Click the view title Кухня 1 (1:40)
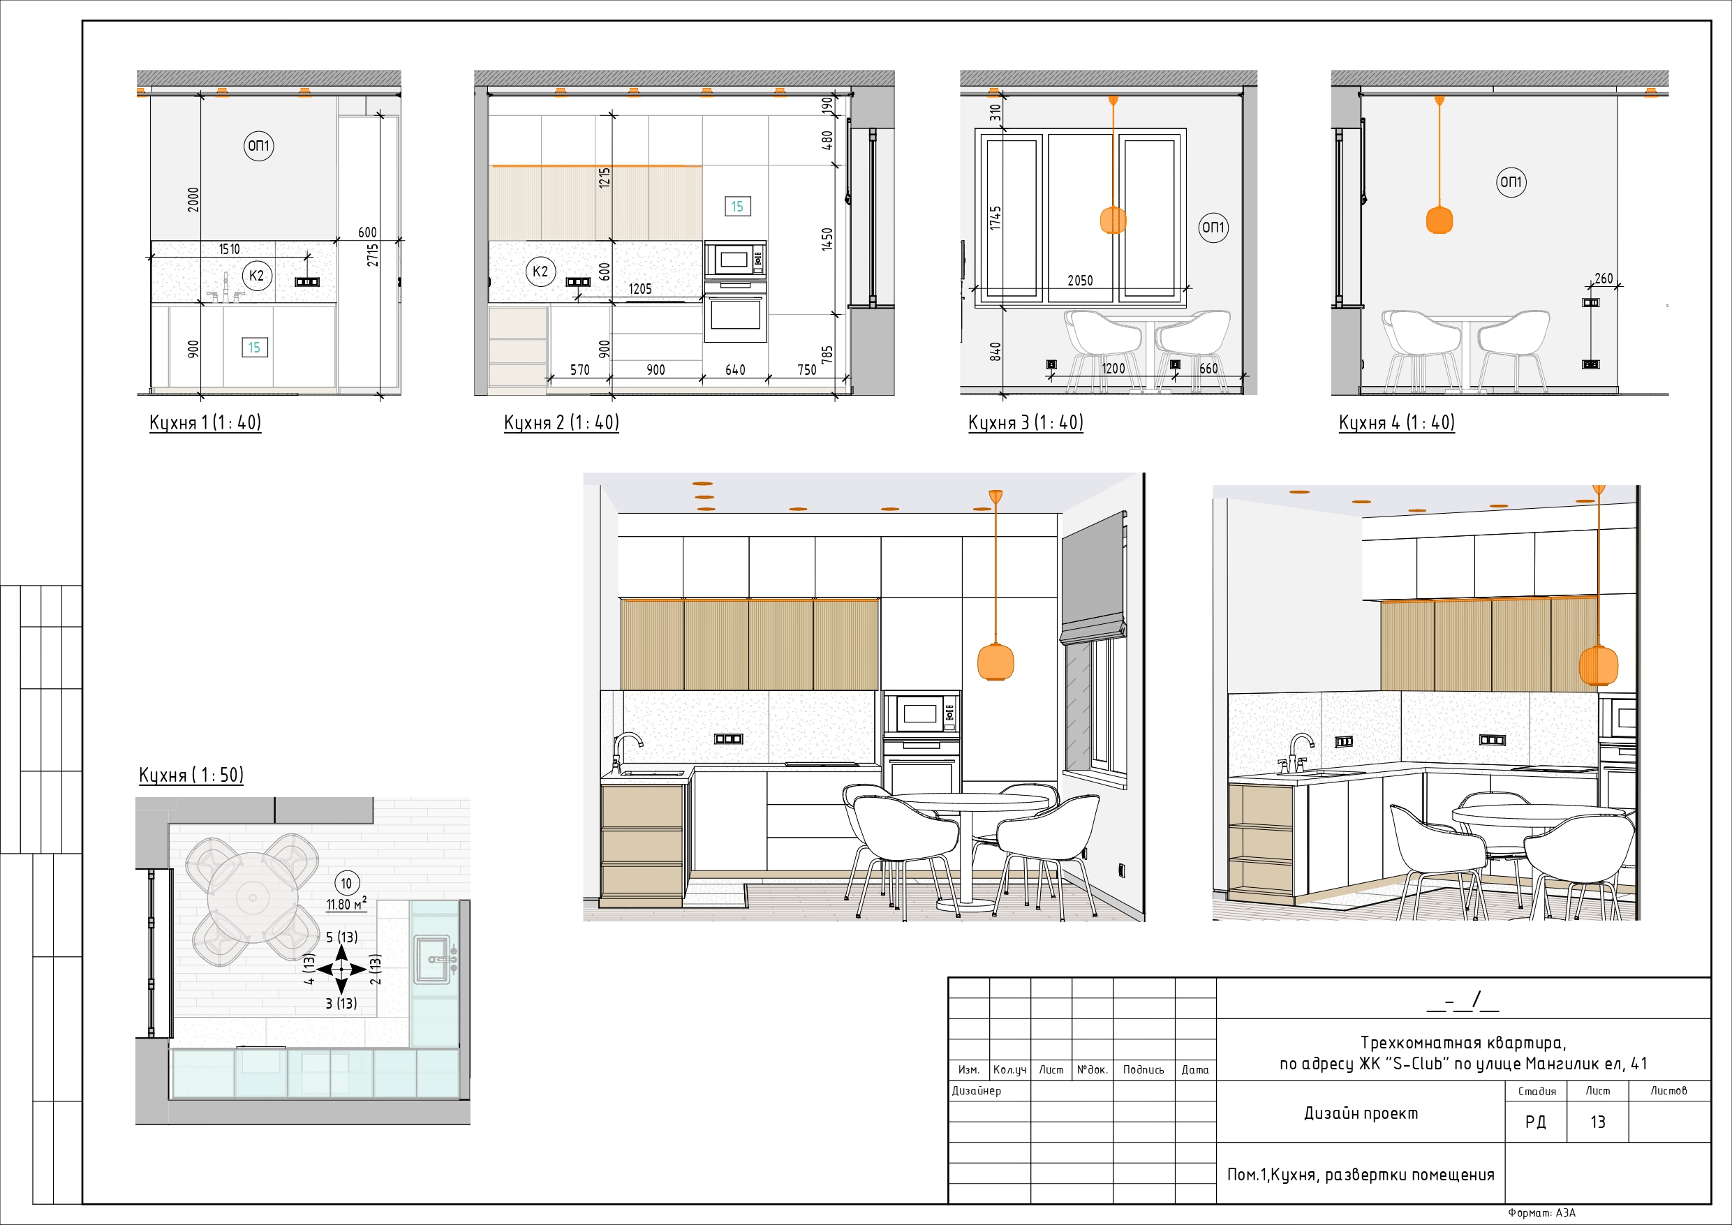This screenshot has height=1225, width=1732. pos(205,422)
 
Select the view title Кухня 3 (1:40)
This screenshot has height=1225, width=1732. pos(1026,422)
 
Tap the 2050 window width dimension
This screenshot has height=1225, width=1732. pos(1079,281)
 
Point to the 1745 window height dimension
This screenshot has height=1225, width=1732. pos(995,218)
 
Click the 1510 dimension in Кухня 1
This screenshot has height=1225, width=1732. pos(229,250)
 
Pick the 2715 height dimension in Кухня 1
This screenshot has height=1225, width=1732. pos(373,254)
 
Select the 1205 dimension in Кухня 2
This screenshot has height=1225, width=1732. pos(639,289)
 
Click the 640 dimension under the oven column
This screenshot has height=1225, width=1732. pos(734,371)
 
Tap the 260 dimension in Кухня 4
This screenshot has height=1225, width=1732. pos(1604,279)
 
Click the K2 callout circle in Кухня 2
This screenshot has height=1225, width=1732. pos(540,272)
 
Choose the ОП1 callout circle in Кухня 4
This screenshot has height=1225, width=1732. pos(1510,181)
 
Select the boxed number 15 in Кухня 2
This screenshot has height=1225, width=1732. pos(737,206)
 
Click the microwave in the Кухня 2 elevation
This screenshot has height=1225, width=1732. pos(734,260)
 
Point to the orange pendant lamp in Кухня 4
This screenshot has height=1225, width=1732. pos(1439,219)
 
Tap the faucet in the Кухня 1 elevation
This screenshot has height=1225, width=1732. pos(225,289)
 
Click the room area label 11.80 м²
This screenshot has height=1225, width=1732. pos(346,904)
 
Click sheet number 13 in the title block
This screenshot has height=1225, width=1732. pos(1597,1122)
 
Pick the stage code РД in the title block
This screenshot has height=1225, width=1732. pos(1535,1122)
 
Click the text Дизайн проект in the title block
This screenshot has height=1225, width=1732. pos(1360,1113)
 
